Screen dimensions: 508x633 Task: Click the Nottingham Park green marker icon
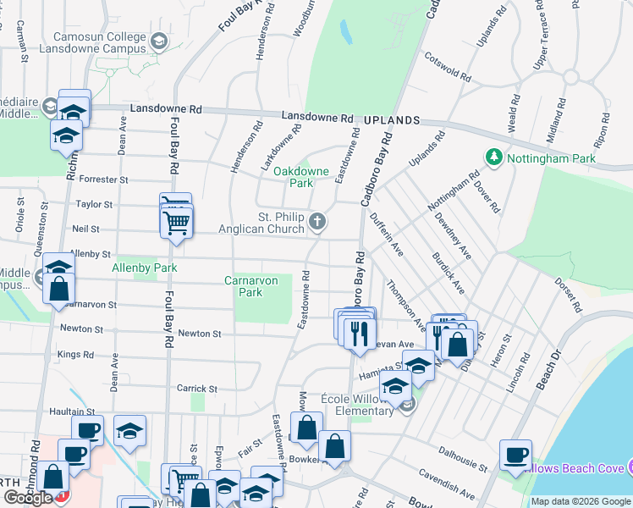click(x=493, y=157)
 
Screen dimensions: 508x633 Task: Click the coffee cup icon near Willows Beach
click(x=515, y=455)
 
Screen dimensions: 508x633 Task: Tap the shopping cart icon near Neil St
click(x=176, y=224)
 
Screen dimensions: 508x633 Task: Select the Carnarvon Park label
click(x=255, y=286)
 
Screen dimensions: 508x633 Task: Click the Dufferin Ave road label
click(x=386, y=238)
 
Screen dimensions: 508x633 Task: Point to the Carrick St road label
click(x=198, y=389)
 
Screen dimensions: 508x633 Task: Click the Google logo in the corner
click(x=28, y=498)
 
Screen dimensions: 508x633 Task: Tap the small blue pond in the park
click(x=345, y=32)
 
